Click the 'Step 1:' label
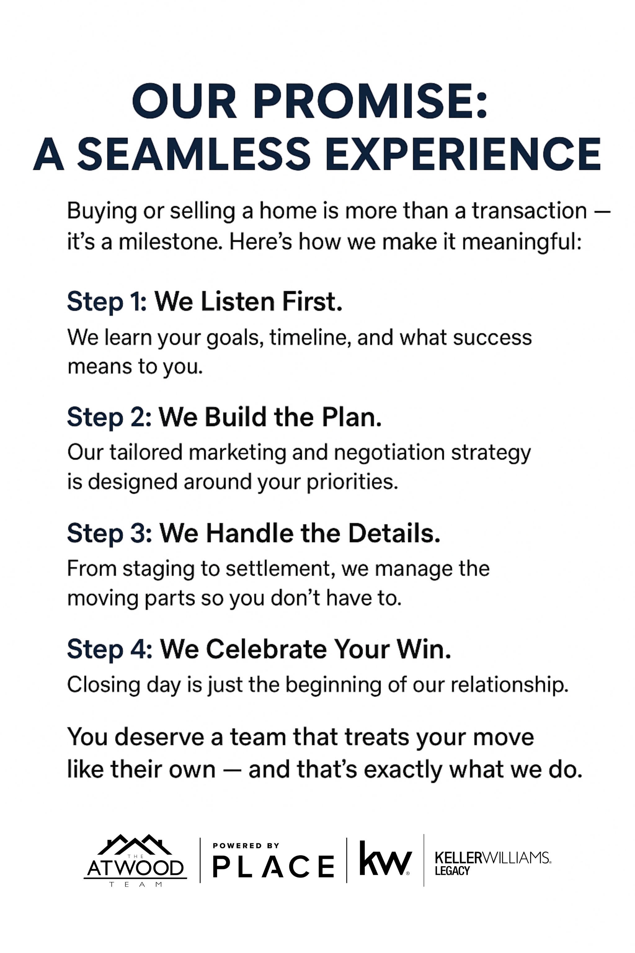click(107, 302)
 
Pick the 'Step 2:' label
click(109, 417)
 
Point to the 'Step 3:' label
click(109, 533)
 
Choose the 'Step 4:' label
click(110, 650)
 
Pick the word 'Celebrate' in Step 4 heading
click(266, 650)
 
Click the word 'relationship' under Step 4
click(510, 685)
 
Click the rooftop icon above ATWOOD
click(135, 844)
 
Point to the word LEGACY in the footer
click(452, 871)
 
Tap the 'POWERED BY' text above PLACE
click(246, 846)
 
